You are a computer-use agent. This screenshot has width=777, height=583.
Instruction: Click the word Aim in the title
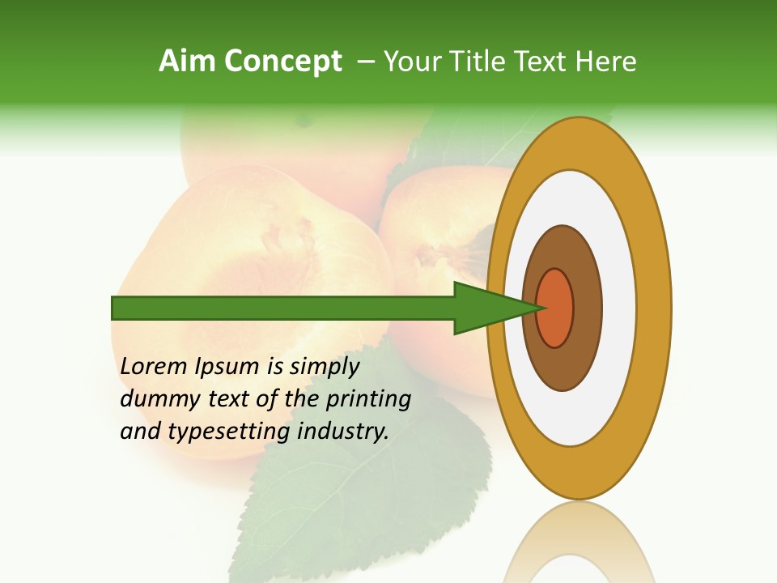(x=188, y=61)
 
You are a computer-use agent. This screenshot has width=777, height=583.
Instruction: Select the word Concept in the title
(x=282, y=61)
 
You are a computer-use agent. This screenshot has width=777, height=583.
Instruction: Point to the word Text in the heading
(x=545, y=61)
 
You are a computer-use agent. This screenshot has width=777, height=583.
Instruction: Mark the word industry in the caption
(x=344, y=432)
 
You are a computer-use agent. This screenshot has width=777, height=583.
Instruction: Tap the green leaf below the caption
(x=364, y=502)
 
